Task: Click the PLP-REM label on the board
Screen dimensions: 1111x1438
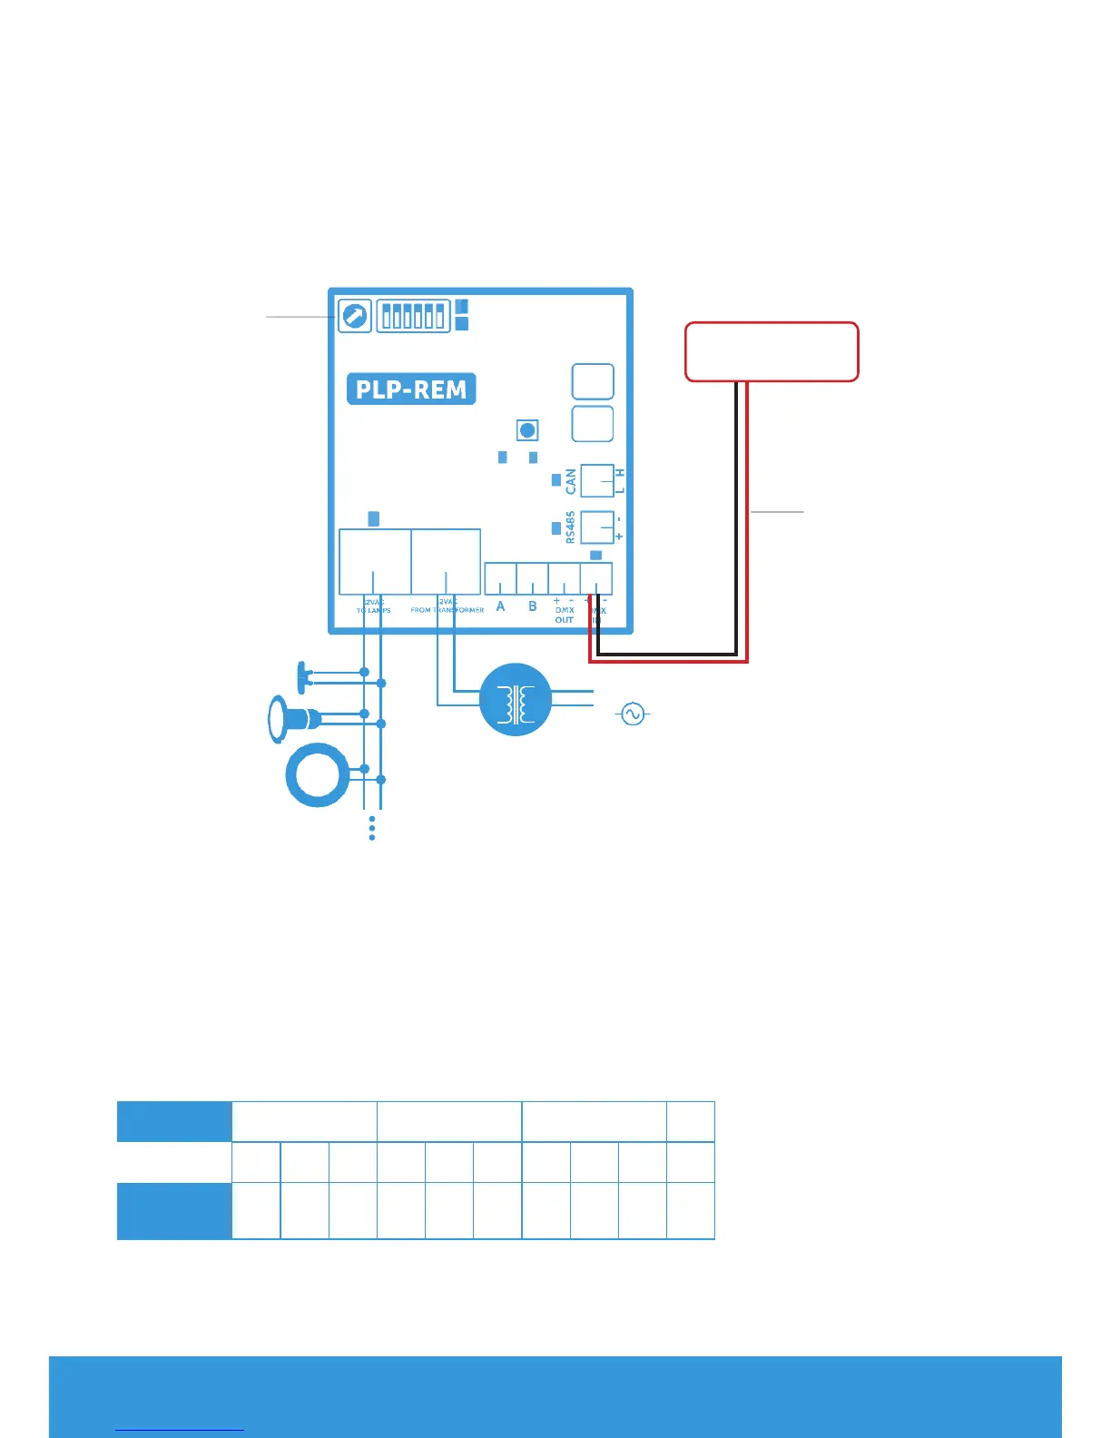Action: click(411, 389)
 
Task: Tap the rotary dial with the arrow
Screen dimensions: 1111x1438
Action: click(354, 316)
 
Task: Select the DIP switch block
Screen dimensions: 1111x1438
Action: click(414, 316)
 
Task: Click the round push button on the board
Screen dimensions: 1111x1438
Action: click(527, 429)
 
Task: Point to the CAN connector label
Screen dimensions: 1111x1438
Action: click(571, 481)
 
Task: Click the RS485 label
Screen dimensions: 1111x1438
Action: click(570, 527)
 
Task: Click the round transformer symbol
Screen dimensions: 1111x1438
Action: click(516, 699)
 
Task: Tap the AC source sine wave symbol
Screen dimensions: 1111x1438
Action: click(633, 714)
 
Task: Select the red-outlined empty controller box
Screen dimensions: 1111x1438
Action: click(772, 351)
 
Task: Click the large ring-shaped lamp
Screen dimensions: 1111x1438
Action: click(318, 776)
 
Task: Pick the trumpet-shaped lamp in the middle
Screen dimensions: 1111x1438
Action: click(293, 719)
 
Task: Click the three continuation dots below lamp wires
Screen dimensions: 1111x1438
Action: click(372, 828)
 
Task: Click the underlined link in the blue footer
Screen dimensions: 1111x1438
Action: click(180, 1429)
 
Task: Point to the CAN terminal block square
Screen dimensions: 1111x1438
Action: click(597, 480)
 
